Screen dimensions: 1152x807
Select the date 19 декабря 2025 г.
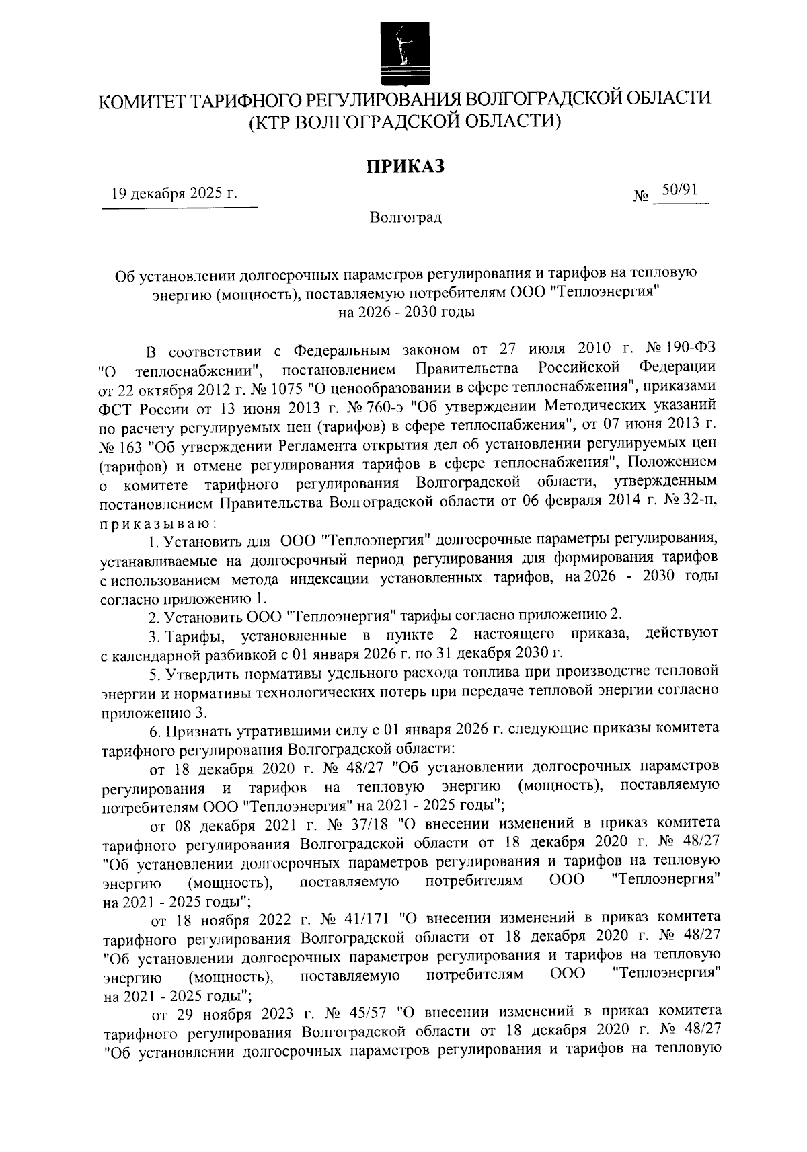(x=175, y=195)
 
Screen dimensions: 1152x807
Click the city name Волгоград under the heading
(x=406, y=218)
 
